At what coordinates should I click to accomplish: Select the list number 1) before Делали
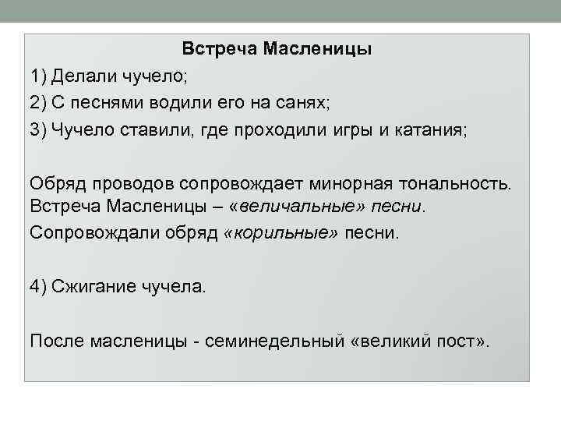pyautogui.click(x=39, y=76)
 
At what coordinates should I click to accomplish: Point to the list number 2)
pyautogui.click(x=39, y=103)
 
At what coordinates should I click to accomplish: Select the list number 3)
pyautogui.click(x=39, y=129)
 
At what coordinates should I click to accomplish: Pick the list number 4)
pyautogui.click(x=39, y=286)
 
